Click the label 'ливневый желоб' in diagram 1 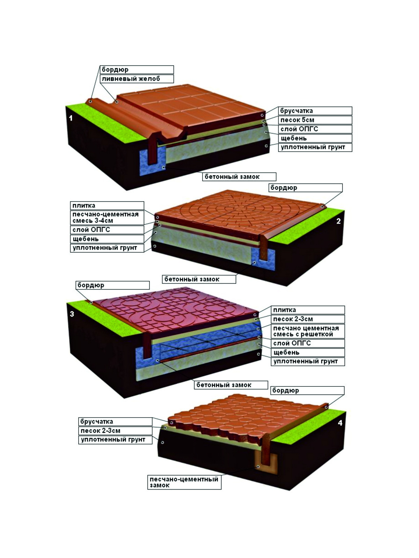tap(131, 79)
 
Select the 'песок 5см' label tap(297, 120)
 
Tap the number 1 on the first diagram tap(71, 118)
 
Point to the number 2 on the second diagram tap(338, 221)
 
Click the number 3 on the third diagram tap(72, 314)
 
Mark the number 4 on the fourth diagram tap(340, 423)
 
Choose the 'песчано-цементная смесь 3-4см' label tap(105, 217)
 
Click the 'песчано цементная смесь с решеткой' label tap(306, 331)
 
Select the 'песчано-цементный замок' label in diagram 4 tap(184, 482)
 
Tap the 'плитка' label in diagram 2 tap(84, 206)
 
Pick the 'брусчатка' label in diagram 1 tap(296, 111)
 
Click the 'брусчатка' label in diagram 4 tap(96, 421)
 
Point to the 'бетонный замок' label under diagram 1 tap(232, 177)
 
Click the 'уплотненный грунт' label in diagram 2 tap(105, 248)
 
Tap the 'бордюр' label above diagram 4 tap(285, 391)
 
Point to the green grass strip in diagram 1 tap(106, 122)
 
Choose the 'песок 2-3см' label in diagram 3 tap(293, 319)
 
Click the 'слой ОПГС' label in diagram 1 tap(299, 129)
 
